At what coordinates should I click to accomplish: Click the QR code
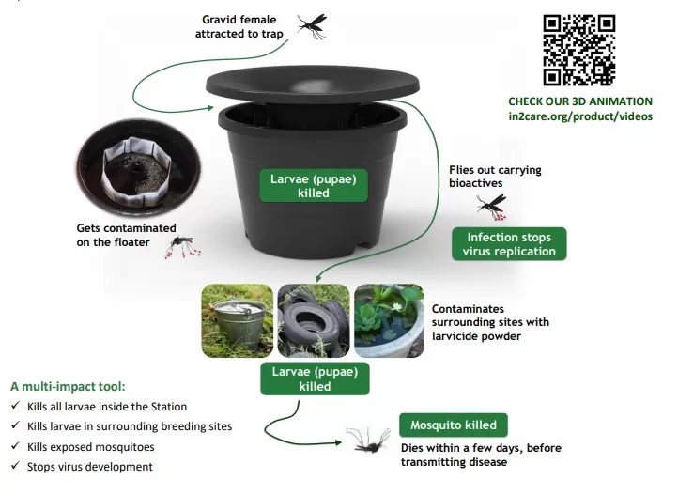579,50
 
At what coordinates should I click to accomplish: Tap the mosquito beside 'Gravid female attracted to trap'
312,26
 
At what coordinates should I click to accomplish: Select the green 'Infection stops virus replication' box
509,244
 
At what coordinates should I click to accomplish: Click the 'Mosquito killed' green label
454,425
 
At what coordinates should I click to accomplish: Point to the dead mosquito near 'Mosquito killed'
368,441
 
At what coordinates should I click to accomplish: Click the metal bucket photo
238,320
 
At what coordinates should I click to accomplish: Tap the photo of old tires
314,320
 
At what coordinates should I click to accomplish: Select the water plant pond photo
389,320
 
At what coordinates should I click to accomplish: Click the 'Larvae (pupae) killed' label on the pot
314,186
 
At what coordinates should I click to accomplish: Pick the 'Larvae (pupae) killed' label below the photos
315,379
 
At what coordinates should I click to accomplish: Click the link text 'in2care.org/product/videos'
580,116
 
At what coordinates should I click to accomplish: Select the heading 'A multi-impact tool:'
68,386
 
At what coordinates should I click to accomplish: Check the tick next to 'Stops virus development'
16,465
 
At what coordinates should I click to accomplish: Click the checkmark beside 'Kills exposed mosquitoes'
16,445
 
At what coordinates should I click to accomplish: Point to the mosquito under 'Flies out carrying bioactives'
492,207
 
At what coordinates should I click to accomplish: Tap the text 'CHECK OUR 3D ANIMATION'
580,101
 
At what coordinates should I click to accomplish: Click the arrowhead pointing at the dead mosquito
338,442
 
